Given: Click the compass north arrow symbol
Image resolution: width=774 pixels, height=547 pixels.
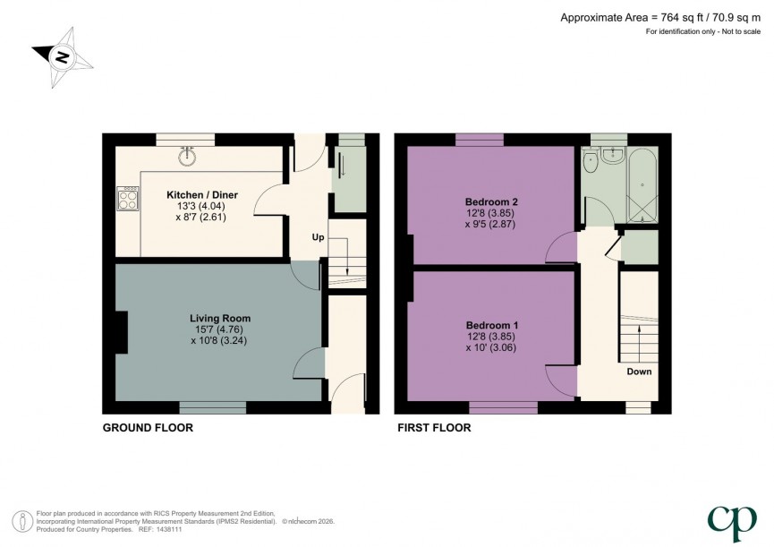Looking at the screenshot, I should tap(61, 57).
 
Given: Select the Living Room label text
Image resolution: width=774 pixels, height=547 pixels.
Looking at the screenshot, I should tap(219, 318).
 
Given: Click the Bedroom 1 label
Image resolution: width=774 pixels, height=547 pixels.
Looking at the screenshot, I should tap(491, 324).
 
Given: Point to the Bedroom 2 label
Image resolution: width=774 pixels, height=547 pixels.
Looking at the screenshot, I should tap(491, 201).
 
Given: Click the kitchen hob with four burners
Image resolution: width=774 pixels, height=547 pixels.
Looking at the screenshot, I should tap(125, 198).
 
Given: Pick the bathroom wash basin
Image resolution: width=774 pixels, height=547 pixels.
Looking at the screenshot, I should tap(613, 157).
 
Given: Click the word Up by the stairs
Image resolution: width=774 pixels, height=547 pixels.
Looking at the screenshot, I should tap(318, 238).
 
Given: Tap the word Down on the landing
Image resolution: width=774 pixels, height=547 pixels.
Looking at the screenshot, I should tap(639, 372).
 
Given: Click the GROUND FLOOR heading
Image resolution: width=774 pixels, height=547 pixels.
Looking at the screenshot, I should tap(148, 428).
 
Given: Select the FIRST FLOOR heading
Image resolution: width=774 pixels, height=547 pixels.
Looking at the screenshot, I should tap(434, 428).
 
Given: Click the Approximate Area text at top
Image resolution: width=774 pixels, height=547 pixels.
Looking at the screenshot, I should tap(662, 17).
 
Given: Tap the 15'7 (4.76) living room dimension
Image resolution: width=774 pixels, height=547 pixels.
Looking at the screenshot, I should tap(219, 329).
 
